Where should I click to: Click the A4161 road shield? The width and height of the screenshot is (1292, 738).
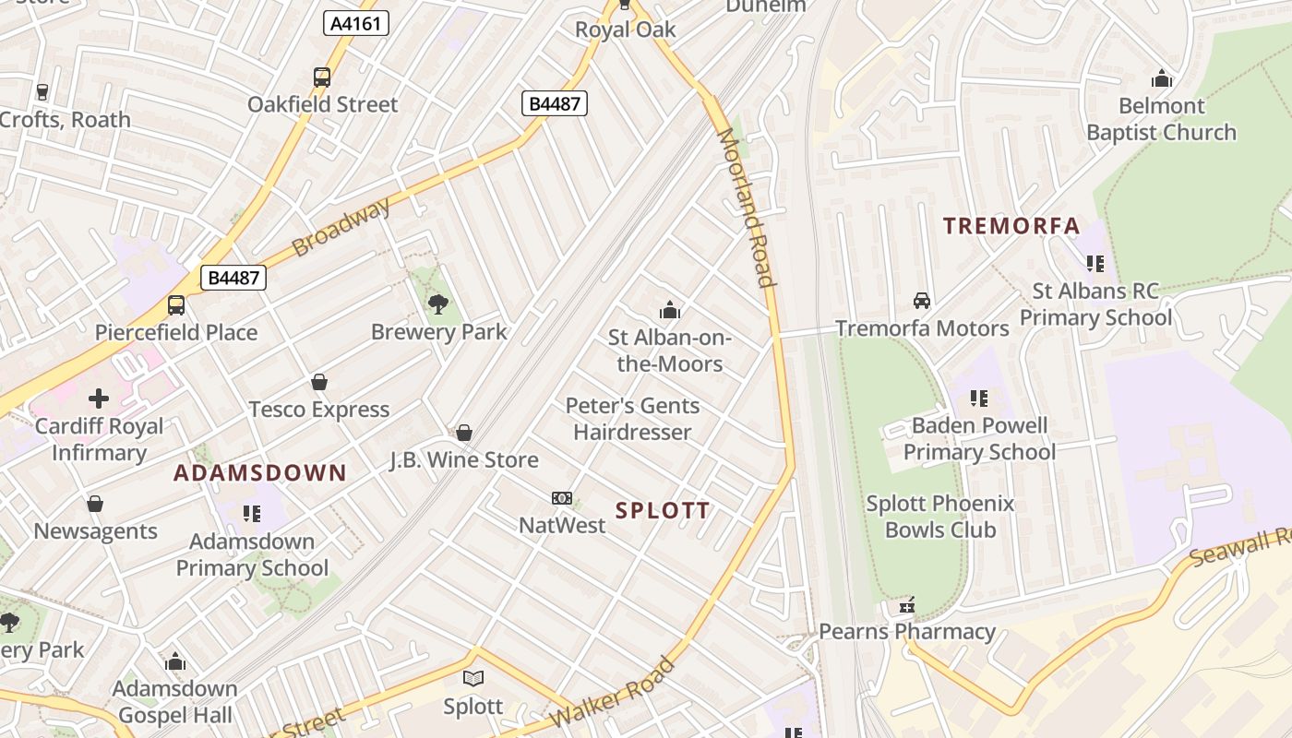pyautogui.click(x=355, y=23)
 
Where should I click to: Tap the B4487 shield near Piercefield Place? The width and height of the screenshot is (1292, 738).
pyautogui.click(x=233, y=277)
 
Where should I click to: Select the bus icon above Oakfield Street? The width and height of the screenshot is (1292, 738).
pyautogui.click(x=322, y=77)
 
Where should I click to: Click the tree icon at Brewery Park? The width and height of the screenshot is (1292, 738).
pyautogui.click(x=438, y=303)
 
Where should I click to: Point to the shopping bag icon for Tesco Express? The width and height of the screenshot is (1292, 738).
pyautogui.click(x=319, y=382)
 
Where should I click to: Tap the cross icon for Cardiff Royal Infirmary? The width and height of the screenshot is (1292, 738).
pyautogui.click(x=99, y=399)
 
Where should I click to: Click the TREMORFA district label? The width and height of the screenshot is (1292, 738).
pyautogui.click(x=1011, y=226)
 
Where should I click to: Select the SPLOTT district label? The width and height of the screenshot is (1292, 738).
pyautogui.click(x=663, y=510)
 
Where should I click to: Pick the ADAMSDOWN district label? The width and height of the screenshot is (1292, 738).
pyautogui.click(x=260, y=473)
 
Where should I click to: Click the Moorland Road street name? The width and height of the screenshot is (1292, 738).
pyautogui.click(x=745, y=208)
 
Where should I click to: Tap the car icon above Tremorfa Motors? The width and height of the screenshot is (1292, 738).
pyautogui.click(x=921, y=301)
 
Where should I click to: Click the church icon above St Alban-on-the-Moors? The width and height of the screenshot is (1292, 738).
pyautogui.click(x=670, y=310)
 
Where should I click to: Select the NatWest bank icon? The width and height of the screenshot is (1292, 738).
pyautogui.click(x=562, y=498)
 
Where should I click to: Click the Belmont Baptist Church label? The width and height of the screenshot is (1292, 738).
pyautogui.click(x=1161, y=119)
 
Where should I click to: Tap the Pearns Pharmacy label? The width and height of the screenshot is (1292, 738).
pyautogui.click(x=907, y=632)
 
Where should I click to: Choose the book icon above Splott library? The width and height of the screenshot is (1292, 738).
pyautogui.click(x=473, y=679)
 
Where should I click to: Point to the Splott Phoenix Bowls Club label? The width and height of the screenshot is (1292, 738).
pyautogui.click(x=939, y=517)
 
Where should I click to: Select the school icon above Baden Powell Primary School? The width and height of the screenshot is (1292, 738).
pyautogui.click(x=979, y=399)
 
